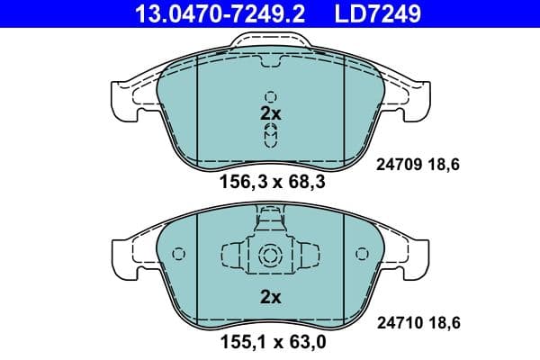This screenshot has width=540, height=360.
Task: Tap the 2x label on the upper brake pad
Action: point(270,114)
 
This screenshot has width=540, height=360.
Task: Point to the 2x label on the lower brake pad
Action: point(270,295)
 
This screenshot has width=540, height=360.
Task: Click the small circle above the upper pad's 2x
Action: point(270,96)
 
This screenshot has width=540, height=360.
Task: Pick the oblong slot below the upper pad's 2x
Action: point(270,135)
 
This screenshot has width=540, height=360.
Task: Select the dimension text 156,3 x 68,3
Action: point(269,183)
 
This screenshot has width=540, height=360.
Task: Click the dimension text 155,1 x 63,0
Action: point(269,343)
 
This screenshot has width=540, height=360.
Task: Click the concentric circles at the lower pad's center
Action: point(270,256)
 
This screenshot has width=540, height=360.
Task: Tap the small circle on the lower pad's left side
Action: point(177,254)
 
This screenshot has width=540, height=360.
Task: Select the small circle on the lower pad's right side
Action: point(362,254)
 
